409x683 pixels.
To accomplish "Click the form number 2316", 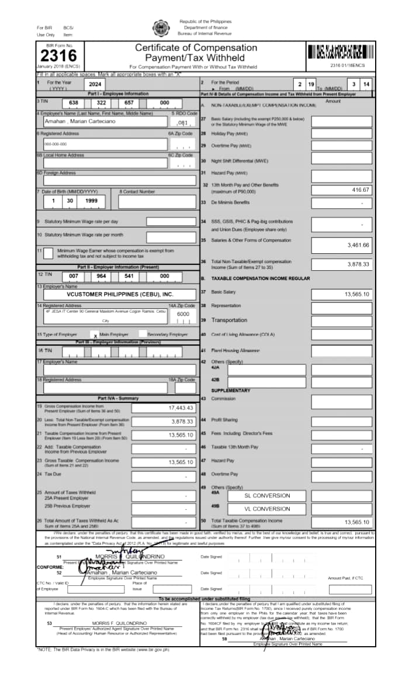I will coord(58,56).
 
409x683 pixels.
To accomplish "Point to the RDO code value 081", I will coord(183,123).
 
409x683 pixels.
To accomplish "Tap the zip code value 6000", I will coord(183,314).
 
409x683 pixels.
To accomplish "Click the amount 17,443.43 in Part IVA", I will coord(181,408).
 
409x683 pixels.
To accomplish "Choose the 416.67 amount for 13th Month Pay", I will coord(361,190).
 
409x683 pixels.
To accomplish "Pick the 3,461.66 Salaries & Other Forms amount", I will coord(358,245).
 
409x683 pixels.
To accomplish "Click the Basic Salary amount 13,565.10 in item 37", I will coord(357,294).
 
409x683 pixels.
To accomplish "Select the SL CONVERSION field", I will coord(266,495).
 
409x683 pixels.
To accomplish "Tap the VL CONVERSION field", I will coord(266,509).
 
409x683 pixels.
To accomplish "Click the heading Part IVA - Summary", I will coord(118,398).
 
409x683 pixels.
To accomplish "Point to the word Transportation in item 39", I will coord(230,320).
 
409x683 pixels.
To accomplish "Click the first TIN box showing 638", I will coord(74,103).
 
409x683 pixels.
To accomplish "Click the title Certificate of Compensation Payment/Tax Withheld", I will coord(196,53).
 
